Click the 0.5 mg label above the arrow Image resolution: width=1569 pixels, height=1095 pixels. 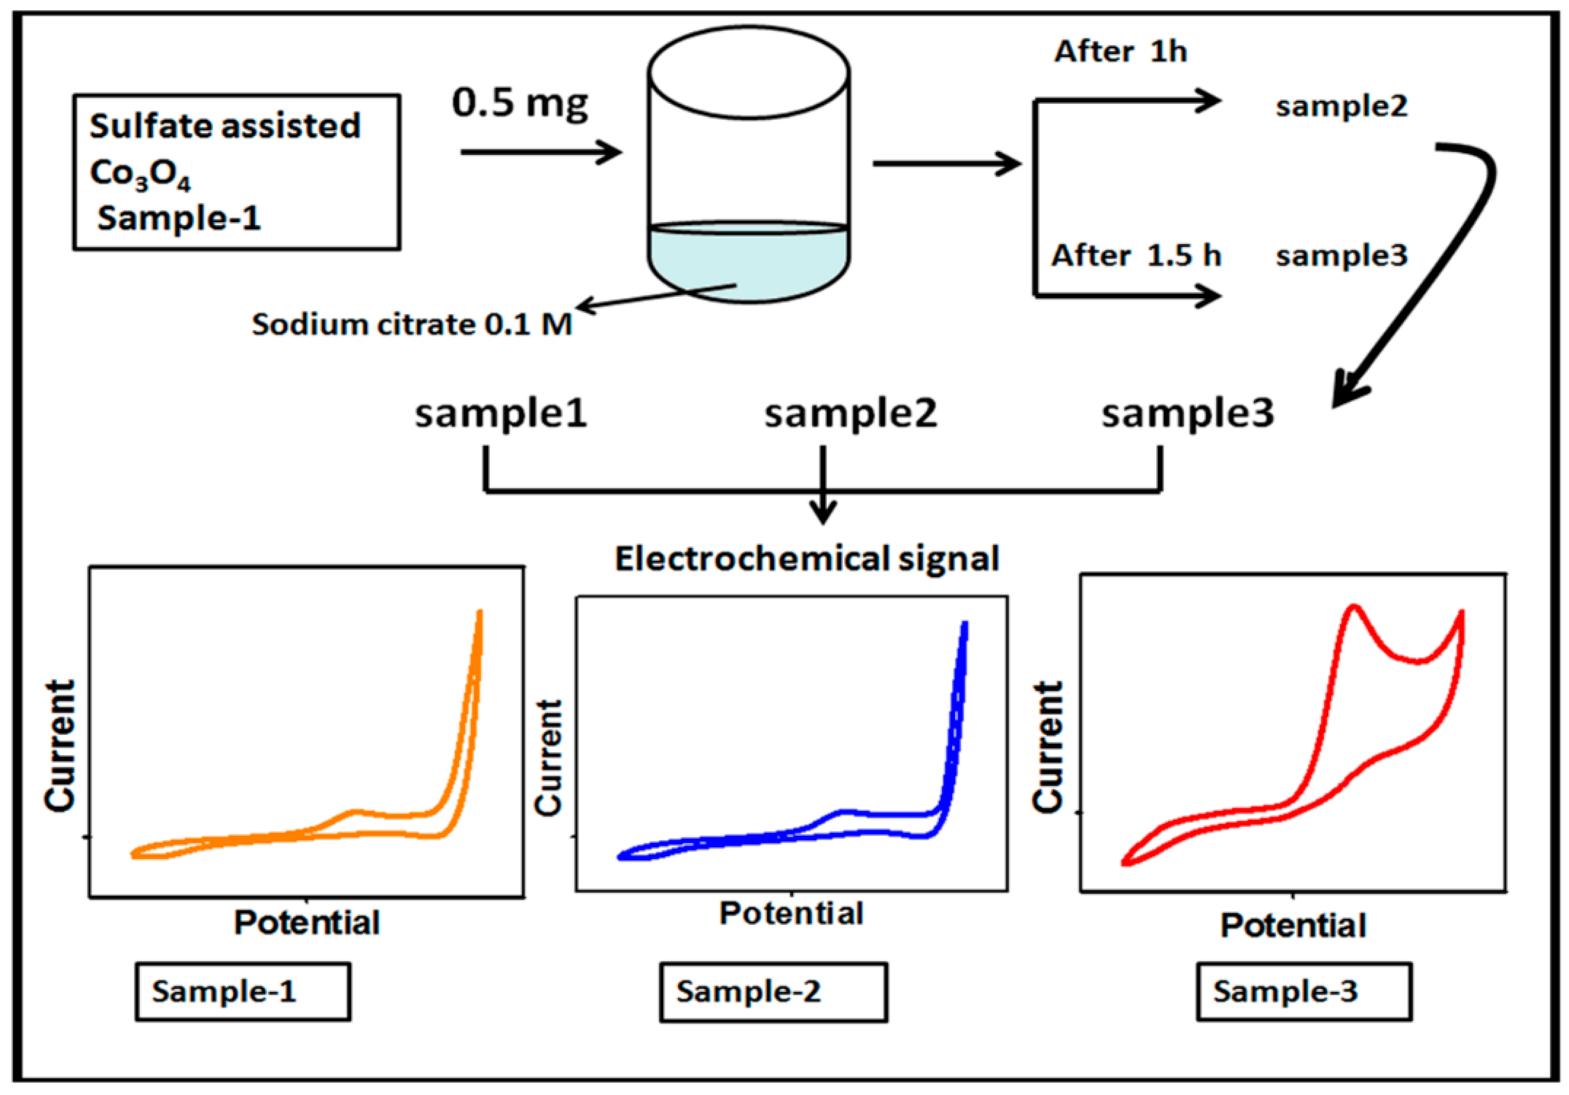pyautogui.click(x=519, y=104)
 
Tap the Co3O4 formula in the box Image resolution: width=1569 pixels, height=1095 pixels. pyautogui.click(x=140, y=173)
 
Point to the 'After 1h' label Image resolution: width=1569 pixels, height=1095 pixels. pyautogui.click(x=1121, y=52)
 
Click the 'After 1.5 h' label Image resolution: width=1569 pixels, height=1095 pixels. pyautogui.click(x=1136, y=256)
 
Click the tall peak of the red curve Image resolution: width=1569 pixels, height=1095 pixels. pyautogui.click(x=1354, y=608)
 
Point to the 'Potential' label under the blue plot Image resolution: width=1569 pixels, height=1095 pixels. pyautogui.click(x=791, y=914)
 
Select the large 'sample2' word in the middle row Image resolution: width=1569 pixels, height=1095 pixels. pyautogui.click(x=851, y=414)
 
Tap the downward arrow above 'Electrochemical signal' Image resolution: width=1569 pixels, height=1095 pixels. pyautogui.click(x=823, y=509)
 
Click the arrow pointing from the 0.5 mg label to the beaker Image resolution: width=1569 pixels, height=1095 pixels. pyautogui.click(x=540, y=152)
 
